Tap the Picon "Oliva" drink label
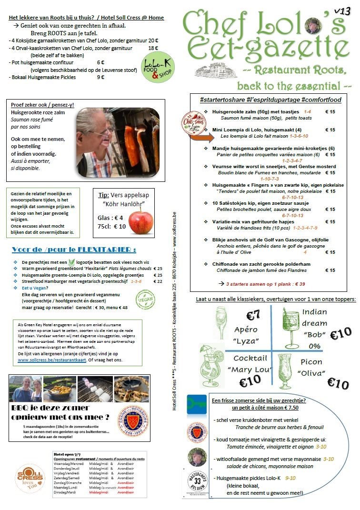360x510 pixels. click(311, 368)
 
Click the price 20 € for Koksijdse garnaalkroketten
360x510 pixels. click(153, 41)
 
